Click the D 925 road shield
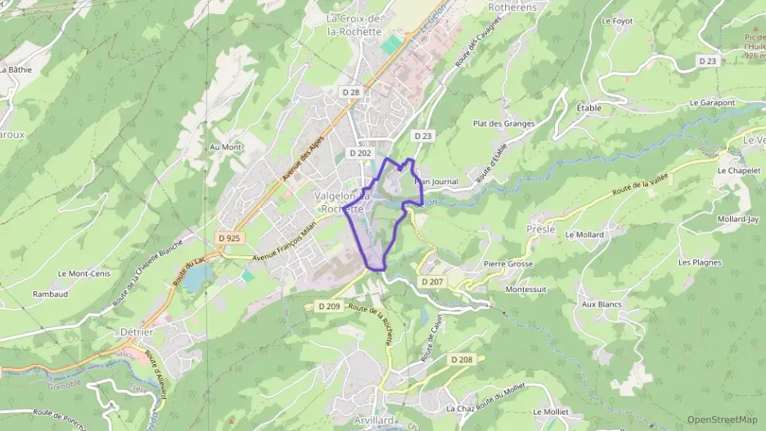(x=230, y=238)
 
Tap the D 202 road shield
(x=360, y=153)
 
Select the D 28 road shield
(x=349, y=92)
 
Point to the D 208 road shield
(x=461, y=359)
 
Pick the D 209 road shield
(x=328, y=306)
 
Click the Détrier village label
(x=137, y=333)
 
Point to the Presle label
(x=541, y=230)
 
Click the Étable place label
(x=588, y=108)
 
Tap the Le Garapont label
(x=712, y=103)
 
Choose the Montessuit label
(x=525, y=290)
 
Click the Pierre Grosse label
(x=507, y=264)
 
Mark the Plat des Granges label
(x=503, y=124)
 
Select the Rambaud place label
(x=50, y=294)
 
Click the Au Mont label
(x=226, y=147)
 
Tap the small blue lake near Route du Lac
(x=195, y=280)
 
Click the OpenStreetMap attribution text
(x=722, y=420)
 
